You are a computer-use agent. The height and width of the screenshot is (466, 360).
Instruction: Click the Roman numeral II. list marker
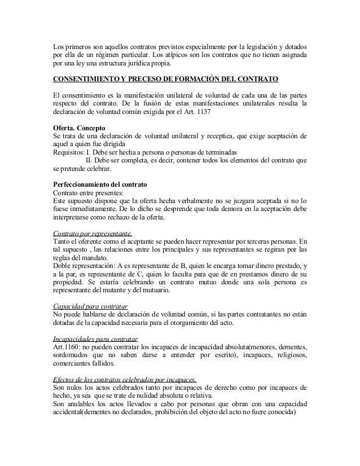tap(89, 160)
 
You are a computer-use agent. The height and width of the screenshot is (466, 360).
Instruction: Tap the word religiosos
tap(291, 356)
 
